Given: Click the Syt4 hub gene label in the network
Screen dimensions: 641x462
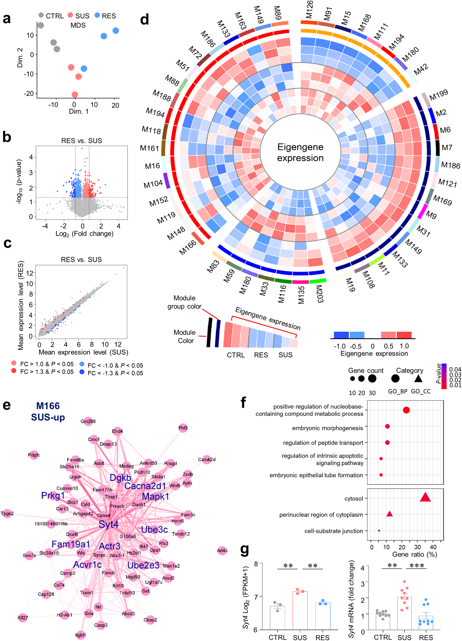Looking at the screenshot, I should tap(109, 525).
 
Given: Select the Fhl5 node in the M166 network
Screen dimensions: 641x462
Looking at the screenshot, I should tap(183, 428).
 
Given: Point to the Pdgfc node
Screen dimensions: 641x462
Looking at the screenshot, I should tap(34, 455).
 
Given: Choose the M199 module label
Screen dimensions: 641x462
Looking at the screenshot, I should tap(439, 95).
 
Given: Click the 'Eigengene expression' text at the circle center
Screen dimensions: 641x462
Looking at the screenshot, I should tap(300, 152).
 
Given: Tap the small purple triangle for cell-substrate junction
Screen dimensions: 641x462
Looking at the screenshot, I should tap(379, 530).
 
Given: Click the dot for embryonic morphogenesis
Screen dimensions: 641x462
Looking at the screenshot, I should tap(387, 426).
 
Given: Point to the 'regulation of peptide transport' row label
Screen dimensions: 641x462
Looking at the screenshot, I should tap(323, 443).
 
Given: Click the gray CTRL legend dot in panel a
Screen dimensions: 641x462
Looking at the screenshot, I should tap(41, 15).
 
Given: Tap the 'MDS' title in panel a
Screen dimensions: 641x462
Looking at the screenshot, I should tap(78, 25).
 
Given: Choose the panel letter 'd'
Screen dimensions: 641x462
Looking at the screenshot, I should tap(145, 20).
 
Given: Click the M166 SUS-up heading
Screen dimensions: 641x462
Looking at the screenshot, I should tap(48, 411).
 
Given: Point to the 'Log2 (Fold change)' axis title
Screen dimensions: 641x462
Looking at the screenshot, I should tap(84, 234).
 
